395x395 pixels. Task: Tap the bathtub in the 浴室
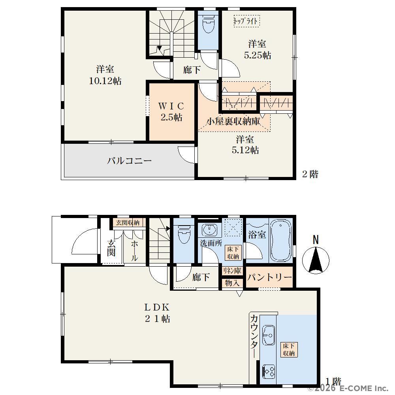[280, 241]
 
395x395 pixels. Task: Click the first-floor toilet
[184, 234]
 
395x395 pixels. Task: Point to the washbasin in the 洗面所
[210, 229]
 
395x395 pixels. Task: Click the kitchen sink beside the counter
[269, 335]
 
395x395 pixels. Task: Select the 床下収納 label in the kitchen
[289, 350]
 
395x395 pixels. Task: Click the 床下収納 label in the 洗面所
[233, 253]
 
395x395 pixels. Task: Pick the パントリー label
[269, 277]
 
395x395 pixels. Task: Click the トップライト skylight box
[246, 21]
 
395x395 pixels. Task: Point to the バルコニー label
[130, 160]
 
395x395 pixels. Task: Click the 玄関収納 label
[128, 223]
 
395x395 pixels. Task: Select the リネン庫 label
[232, 271]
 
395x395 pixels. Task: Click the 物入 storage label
[232, 283]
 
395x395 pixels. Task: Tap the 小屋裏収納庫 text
[233, 122]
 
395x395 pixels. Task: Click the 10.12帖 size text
[105, 81]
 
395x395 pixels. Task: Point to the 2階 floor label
[310, 174]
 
